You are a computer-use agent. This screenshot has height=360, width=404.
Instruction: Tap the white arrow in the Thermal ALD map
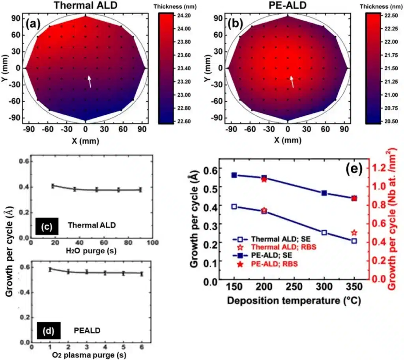[x=90, y=81]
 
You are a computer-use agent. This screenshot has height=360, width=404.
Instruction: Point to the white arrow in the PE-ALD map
[x=292, y=82]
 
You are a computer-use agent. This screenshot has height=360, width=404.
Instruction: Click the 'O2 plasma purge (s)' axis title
[x=92, y=354]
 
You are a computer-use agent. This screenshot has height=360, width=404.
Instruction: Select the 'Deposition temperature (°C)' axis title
[x=294, y=301]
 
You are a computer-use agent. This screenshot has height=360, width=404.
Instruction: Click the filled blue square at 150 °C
[x=234, y=175]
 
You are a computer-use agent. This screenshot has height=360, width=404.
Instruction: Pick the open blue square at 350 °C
[x=354, y=241]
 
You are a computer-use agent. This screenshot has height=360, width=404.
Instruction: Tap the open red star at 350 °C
[x=354, y=233]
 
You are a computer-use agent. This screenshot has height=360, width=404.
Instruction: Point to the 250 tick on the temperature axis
[x=294, y=287]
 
